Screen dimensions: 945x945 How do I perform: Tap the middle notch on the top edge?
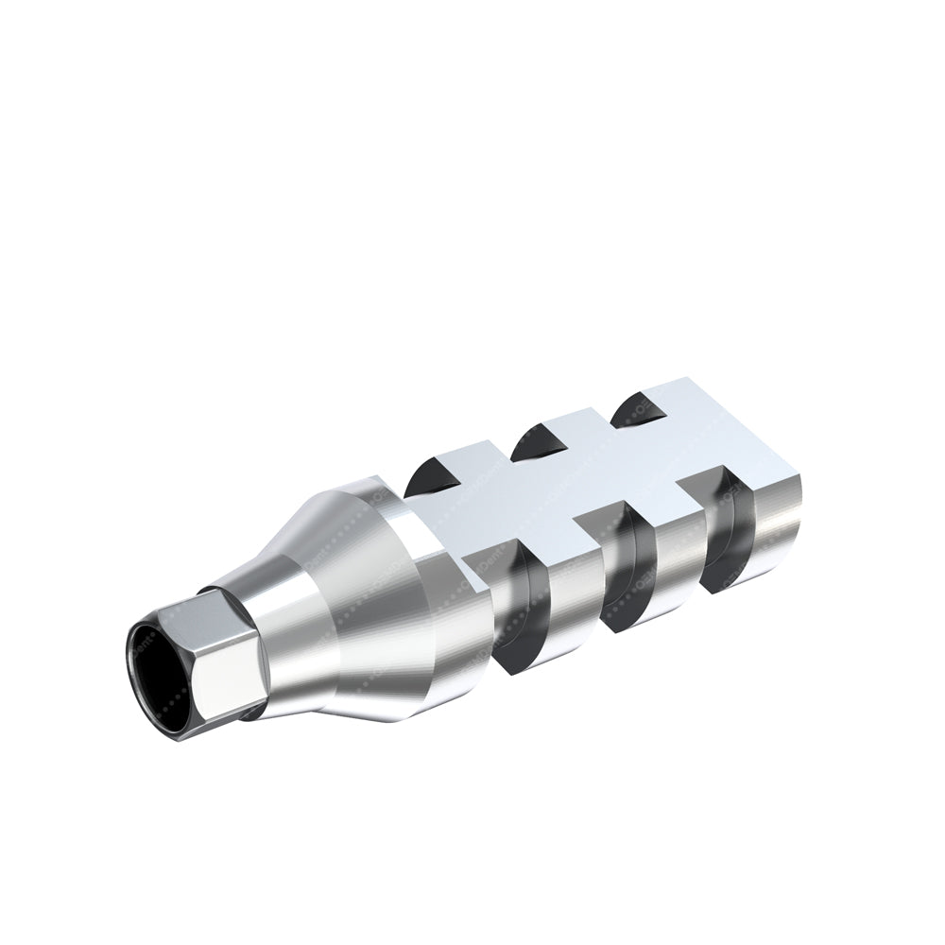534,442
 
